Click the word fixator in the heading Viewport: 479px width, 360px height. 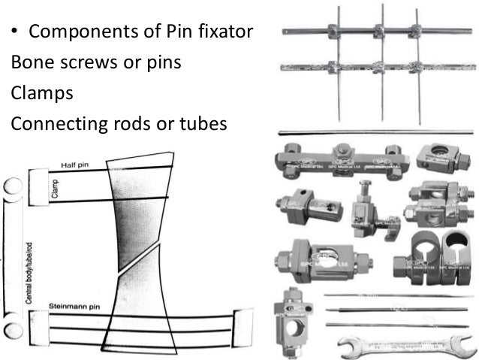click(x=226, y=32)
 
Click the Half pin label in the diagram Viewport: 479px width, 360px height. click(x=76, y=165)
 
